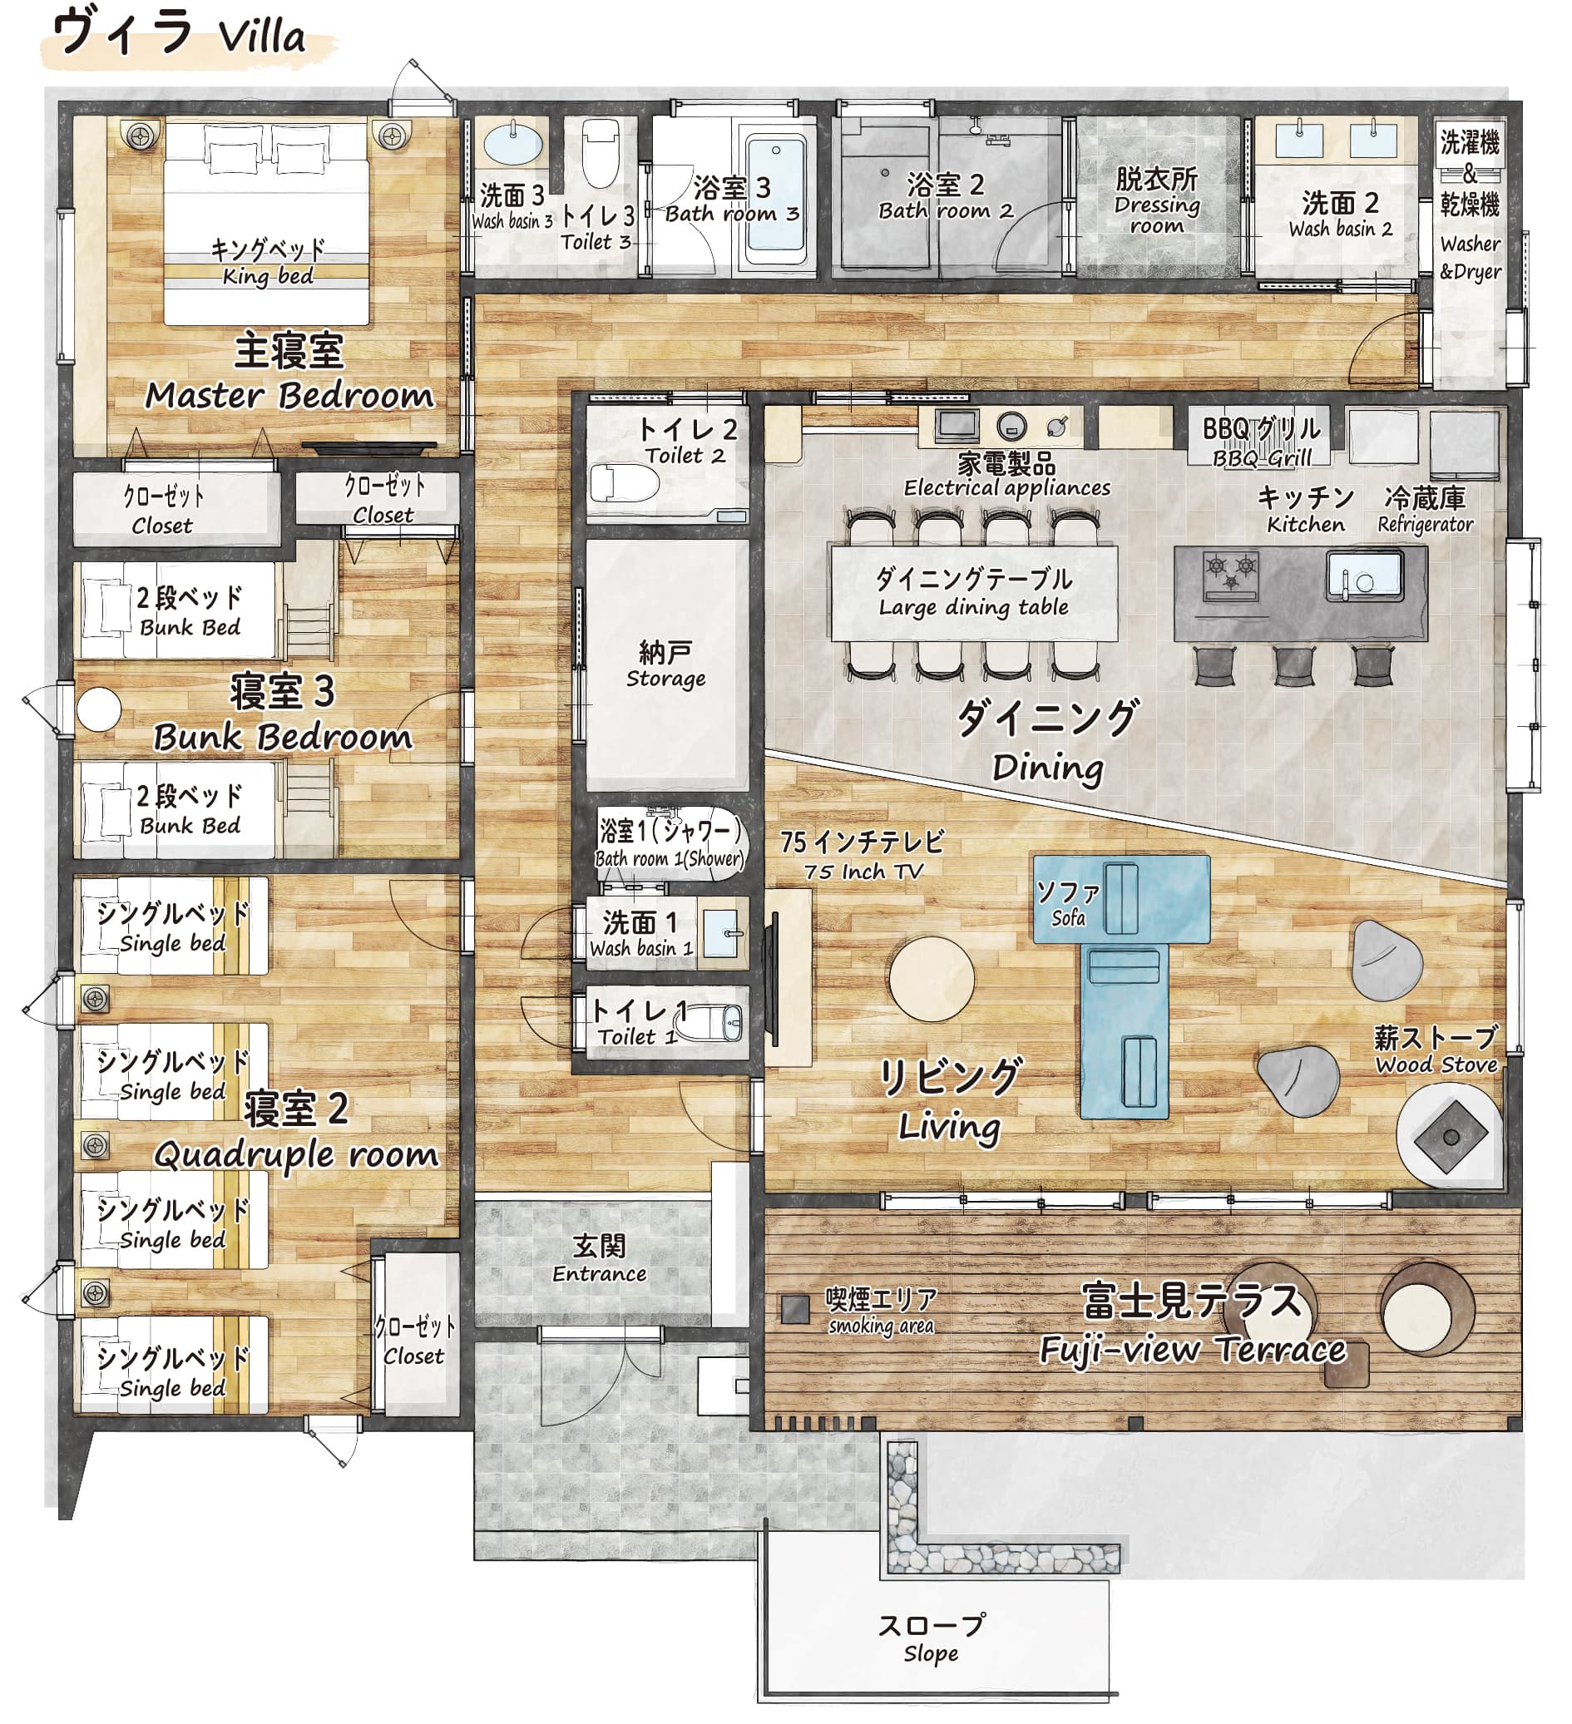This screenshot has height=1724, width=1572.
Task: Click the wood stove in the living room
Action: click(x=1451, y=1137)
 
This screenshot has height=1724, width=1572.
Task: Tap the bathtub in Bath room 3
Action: click(x=775, y=200)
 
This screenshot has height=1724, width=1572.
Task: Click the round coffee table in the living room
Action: click(x=932, y=978)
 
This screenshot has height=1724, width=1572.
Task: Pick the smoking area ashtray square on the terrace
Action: click(x=795, y=1308)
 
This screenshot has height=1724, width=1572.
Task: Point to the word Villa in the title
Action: click(x=261, y=37)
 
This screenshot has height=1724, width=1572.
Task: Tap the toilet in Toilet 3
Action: click(x=601, y=152)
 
